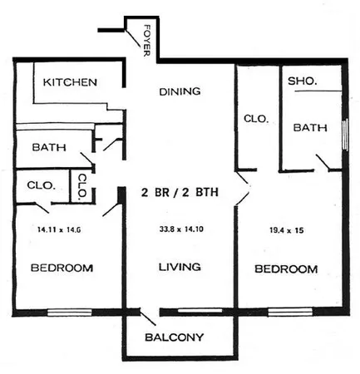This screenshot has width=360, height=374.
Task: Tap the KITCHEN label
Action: [x=71, y=82]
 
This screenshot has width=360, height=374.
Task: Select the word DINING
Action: [x=180, y=91]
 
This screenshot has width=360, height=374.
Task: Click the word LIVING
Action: [x=180, y=268]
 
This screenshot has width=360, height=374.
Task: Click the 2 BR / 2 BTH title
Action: [x=180, y=193]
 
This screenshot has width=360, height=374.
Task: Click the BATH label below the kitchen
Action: [x=49, y=147]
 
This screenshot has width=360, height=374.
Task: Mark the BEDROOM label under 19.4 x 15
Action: [x=285, y=269]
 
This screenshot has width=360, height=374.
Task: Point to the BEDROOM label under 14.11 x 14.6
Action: [x=61, y=268]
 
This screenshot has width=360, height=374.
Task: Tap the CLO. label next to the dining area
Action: [x=256, y=119]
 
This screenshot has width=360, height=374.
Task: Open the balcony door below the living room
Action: [x=148, y=317]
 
